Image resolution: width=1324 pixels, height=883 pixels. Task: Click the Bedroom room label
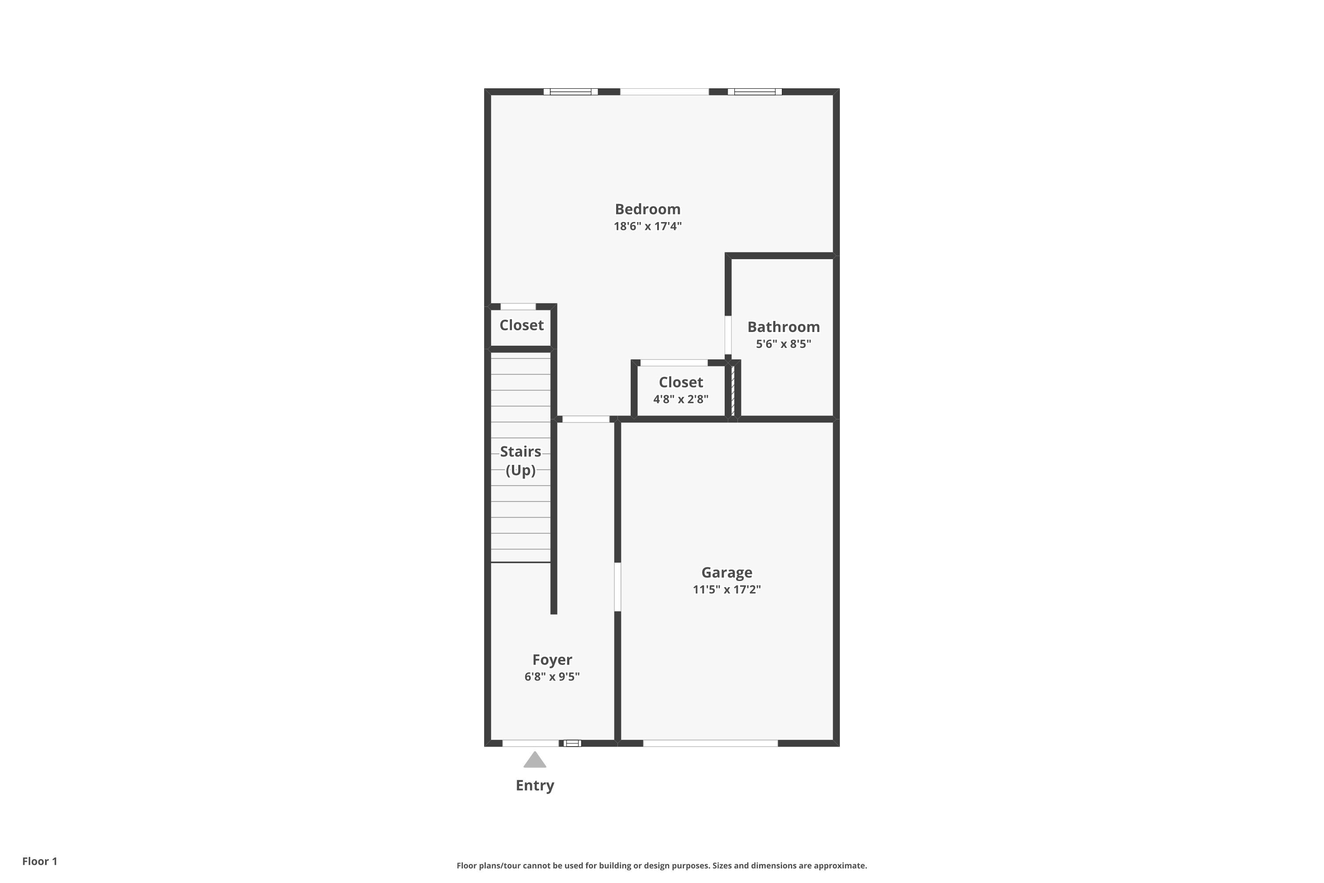(x=647, y=209)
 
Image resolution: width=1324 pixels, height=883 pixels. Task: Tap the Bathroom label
(x=783, y=327)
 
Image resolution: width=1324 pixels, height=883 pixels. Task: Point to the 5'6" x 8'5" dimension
(x=783, y=344)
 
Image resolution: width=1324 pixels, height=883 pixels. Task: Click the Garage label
(x=726, y=573)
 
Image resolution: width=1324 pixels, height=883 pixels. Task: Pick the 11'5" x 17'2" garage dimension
(x=726, y=589)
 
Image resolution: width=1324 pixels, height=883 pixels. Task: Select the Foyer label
(x=552, y=660)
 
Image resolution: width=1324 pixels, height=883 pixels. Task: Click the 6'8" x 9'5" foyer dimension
(x=552, y=677)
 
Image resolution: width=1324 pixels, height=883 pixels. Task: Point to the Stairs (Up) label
(x=520, y=460)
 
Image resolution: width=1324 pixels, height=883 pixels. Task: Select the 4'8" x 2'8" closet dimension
(x=681, y=399)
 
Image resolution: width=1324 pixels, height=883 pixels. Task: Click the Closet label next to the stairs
(x=521, y=325)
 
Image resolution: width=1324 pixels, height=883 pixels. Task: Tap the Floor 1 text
(x=39, y=861)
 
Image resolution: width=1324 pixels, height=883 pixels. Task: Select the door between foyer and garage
(x=617, y=586)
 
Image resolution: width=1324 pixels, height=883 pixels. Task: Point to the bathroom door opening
(x=728, y=335)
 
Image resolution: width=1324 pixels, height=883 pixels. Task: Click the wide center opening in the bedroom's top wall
(x=664, y=92)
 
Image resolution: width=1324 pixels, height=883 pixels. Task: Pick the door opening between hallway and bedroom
(x=586, y=419)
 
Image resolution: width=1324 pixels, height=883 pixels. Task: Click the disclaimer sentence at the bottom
(x=662, y=865)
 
